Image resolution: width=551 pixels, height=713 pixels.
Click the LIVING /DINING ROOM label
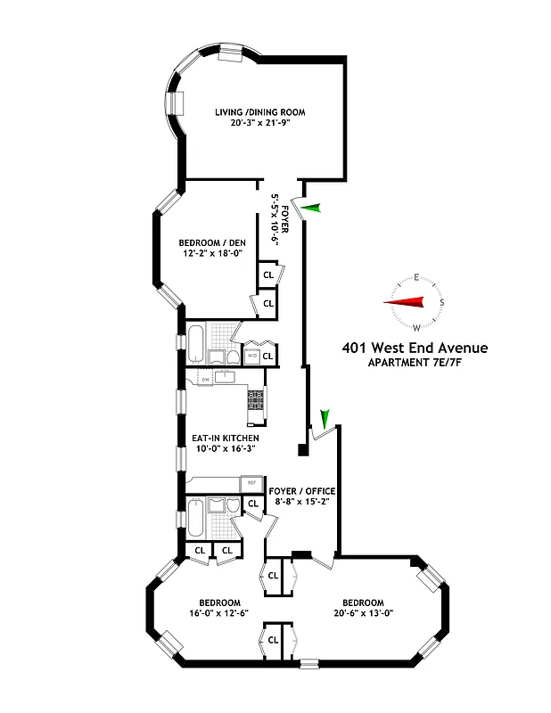[x=259, y=112]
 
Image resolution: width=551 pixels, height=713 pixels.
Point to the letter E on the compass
[x=415, y=277]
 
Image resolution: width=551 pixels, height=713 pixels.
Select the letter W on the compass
[x=415, y=327]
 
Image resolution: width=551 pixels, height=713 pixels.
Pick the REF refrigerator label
[x=251, y=483]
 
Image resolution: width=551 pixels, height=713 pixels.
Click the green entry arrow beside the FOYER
[x=309, y=209]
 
